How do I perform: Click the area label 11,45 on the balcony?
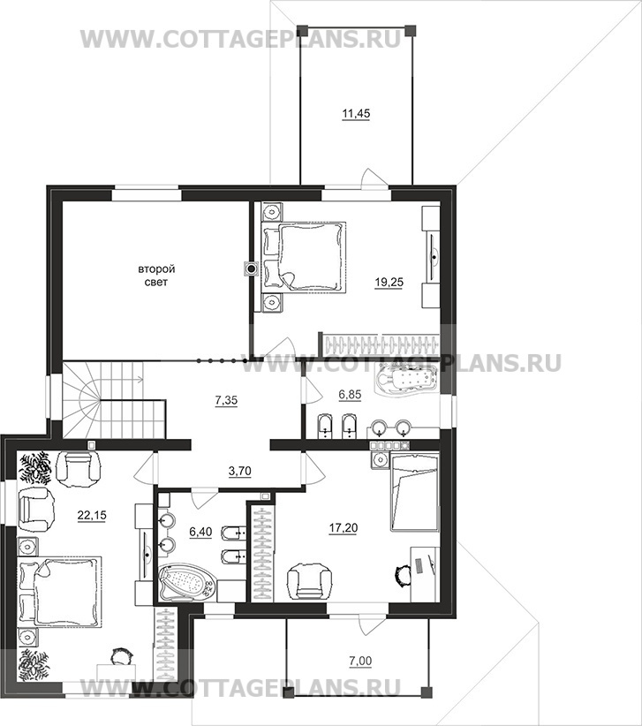356,113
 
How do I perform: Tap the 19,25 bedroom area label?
389,282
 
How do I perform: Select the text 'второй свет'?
156,276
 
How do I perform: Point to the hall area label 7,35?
226,399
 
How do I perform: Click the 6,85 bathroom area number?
350,395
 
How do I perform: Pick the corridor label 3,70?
240,472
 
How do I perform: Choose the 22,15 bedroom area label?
92,515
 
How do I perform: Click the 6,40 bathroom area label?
200,532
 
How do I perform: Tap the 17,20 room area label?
344,527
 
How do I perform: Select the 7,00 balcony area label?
361,662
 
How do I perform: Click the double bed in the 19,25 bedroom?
304,256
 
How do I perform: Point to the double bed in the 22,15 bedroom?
59,591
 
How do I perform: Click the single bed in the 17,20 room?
414,492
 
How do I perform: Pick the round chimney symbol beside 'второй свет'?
252,268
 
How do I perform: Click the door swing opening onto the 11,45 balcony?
372,178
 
